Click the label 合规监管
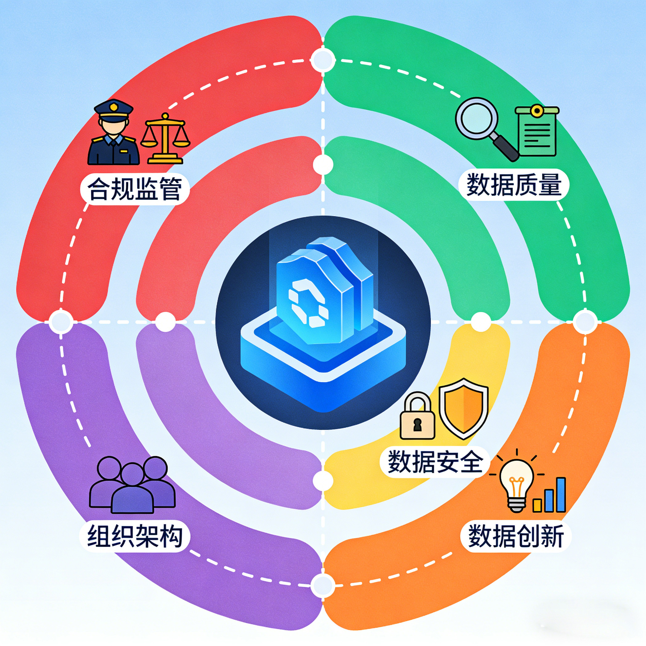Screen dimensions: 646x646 tap(135, 189)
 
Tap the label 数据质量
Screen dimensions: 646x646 tap(514, 185)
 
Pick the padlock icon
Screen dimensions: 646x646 tap(418, 417)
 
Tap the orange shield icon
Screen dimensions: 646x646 tap(463, 408)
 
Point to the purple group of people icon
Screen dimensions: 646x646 tap(132, 484)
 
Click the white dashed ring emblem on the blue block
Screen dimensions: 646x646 tap(308, 303)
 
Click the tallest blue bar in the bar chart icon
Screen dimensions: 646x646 tap(561, 494)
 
